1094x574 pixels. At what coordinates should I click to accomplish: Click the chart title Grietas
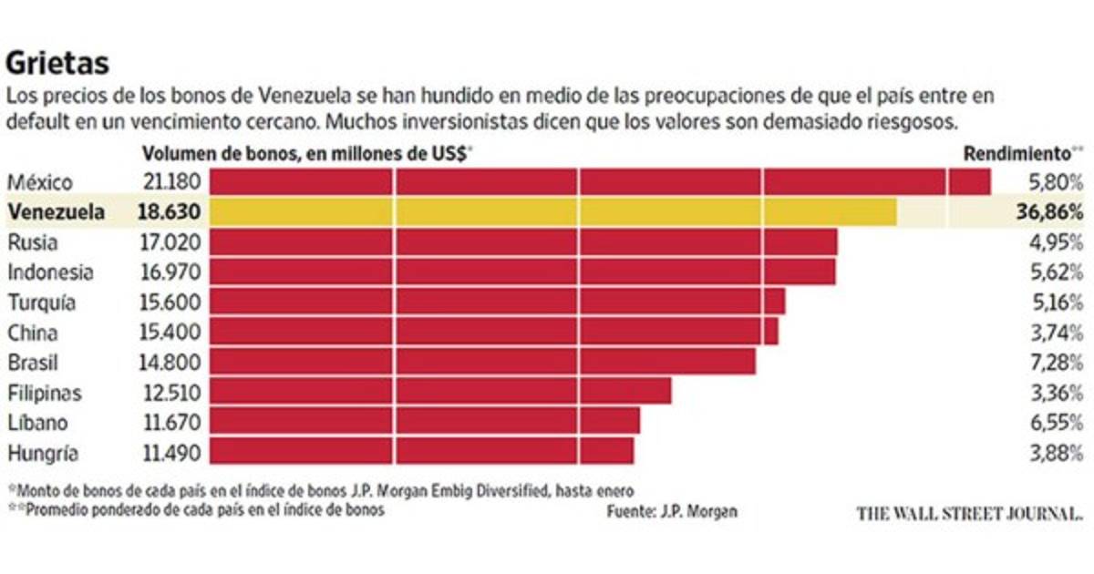[x=57, y=64]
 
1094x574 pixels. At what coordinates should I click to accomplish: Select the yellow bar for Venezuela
[x=552, y=212]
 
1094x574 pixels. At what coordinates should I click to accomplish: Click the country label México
[x=39, y=182]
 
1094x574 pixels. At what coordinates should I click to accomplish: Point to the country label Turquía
[x=42, y=302]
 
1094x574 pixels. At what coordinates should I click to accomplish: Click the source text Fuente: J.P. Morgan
[x=672, y=512]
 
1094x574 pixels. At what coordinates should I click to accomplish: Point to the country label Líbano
[x=36, y=423]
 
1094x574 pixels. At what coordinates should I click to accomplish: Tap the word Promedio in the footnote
[x=60, y=510]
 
